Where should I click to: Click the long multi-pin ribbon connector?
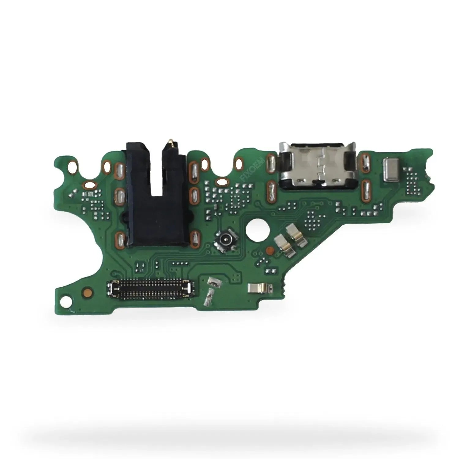[x=150, y=289]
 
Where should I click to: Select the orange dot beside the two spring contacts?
[x=270, y=250]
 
